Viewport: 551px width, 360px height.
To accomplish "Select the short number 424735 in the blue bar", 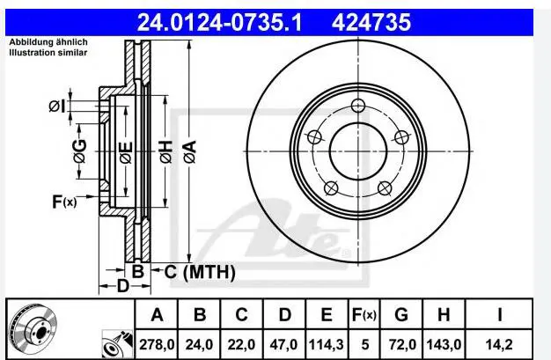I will (x=371, y=21).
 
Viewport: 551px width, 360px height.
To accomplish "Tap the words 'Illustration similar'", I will (x=48, y=54).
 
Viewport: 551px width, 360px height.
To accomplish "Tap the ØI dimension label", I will (x=57, y=107).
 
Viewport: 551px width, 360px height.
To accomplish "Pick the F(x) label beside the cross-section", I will (x=64, y=202).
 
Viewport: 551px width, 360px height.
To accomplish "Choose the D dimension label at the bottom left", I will (x=122, y=286).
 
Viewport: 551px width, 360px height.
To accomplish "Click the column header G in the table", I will (x=400, y=313).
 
